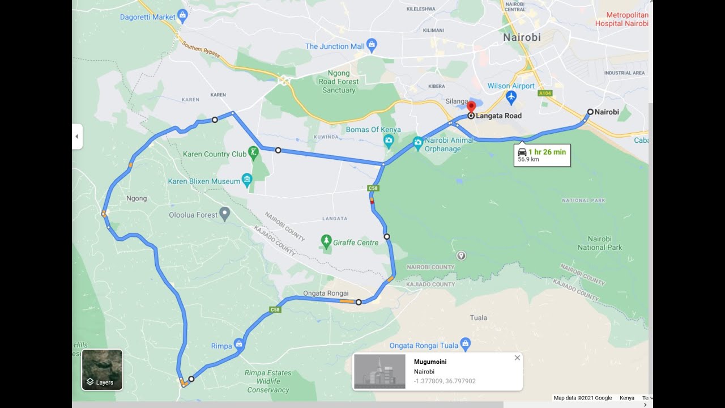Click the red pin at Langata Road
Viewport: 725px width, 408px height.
click(x=471, y=108)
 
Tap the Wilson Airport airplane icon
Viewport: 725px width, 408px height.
click(x=511, y=97)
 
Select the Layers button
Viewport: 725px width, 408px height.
click(x=102, y=369)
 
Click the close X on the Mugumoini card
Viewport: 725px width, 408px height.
click(x=517, y=358)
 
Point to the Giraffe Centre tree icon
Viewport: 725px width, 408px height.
click(x=326, y=242)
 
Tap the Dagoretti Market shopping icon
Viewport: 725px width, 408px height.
click(x=182, y=16)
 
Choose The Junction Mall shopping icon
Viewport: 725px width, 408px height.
click(x=372, y=45)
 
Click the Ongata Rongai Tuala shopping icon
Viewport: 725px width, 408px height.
click(x=466, y=344)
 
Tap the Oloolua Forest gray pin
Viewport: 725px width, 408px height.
click(x=225, y=214)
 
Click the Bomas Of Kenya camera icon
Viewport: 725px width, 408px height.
click(x=389, y=141)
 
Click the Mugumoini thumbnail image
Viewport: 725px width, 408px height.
click(x=379, y=372)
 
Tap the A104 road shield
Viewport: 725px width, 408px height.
click(x=545, y=93)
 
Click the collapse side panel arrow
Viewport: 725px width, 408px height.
click(x=77, y=137)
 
